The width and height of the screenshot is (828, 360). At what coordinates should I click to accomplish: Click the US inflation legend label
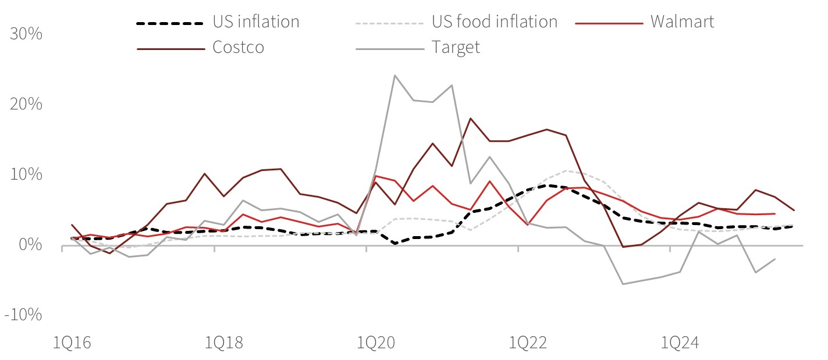tap(256, 22)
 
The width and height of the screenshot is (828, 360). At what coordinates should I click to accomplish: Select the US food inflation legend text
tap(494, 22)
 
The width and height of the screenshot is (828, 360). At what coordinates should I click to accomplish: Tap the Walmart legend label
tap(682, 22)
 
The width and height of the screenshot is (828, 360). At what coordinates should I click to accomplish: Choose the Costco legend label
tap(238, 47)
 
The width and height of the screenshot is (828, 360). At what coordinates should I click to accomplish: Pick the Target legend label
tap(456, 47)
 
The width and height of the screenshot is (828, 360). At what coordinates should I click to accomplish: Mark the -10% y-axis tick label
tap(23, 315)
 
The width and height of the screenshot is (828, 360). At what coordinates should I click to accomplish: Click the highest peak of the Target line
tap(395, 75)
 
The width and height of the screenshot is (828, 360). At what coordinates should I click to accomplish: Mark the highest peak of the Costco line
tap(470, 118)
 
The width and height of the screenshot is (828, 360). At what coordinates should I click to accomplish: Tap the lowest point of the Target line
tap(623, 284)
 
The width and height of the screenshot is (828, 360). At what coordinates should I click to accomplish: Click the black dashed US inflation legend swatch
tap(170, 23)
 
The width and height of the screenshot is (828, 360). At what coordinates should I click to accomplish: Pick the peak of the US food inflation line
tap(566, 170)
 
